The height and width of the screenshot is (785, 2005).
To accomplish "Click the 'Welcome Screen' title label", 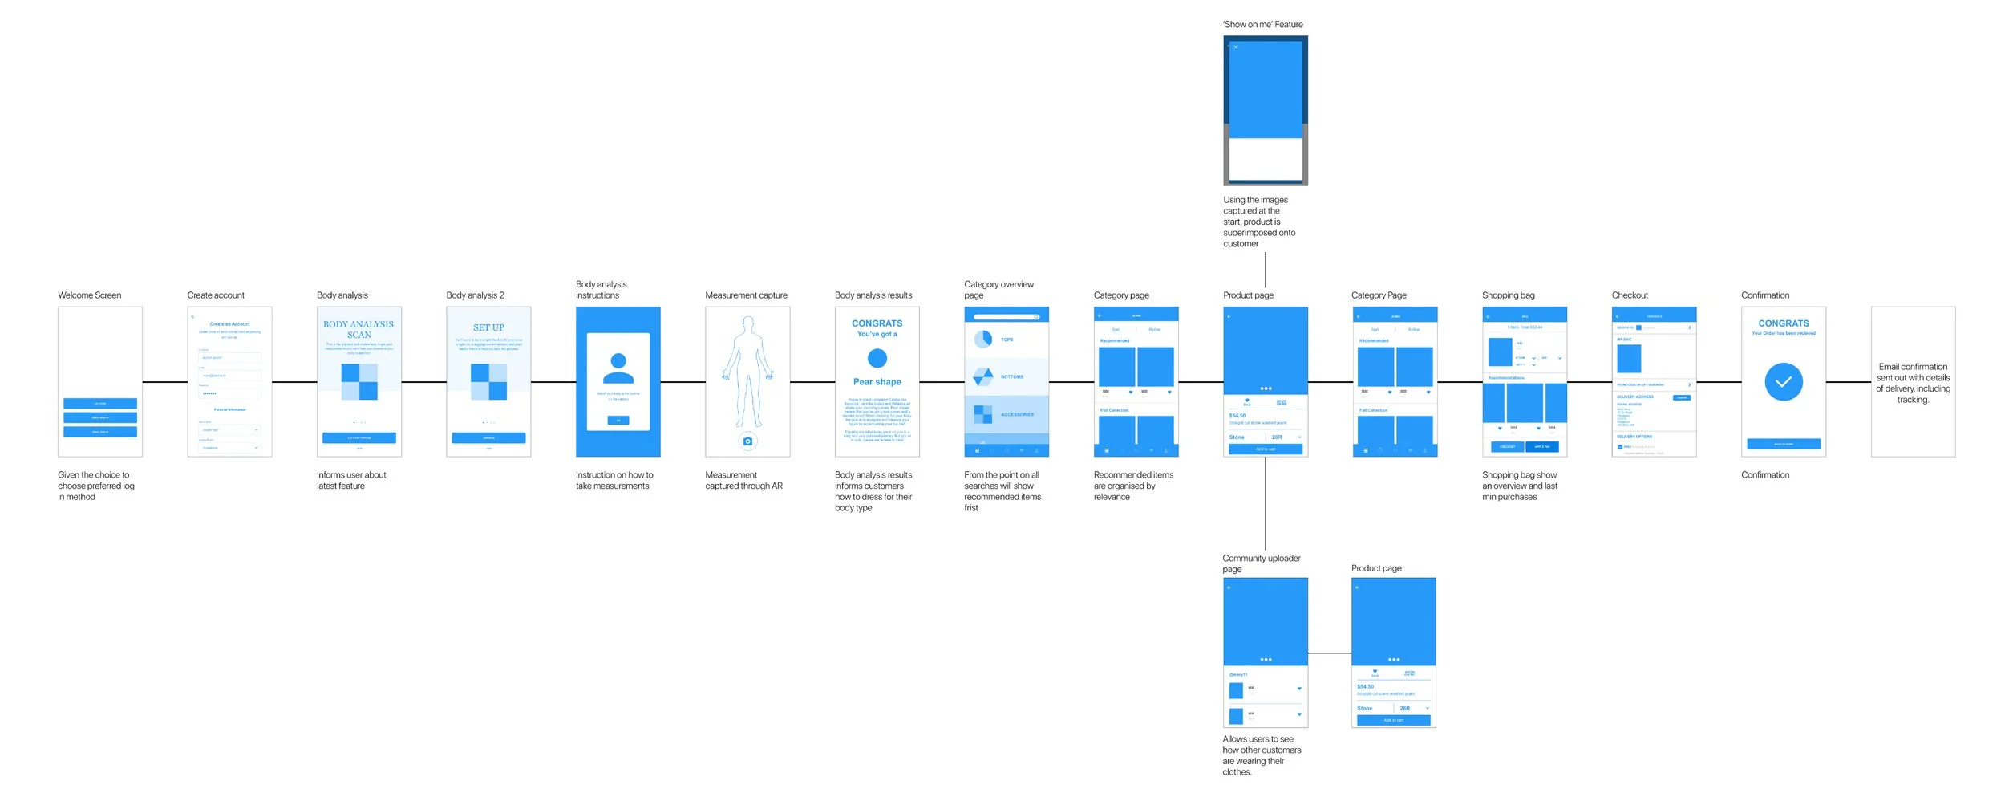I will (89, 295).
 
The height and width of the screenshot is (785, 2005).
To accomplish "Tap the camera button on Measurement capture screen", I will (747, 441).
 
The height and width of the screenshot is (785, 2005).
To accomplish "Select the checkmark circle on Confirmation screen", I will (1783, 382).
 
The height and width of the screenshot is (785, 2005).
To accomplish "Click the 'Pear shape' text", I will (877, 382).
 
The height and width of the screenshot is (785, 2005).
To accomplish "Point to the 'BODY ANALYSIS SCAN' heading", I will (358, 330).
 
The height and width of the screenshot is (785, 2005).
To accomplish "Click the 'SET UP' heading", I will (488, 327).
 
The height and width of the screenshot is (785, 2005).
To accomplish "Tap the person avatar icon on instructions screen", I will (618, 368).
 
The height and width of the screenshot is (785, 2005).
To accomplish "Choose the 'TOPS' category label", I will (1007, 340).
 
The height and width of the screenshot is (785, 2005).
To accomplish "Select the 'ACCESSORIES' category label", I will (1017, 414).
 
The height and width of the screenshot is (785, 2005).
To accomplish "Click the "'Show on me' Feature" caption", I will (1262, 25).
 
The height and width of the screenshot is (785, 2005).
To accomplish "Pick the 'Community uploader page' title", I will (1261, 563).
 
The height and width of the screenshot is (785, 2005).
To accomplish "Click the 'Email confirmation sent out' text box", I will (1913, 383).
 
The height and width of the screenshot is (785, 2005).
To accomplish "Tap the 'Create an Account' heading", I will (229, 324).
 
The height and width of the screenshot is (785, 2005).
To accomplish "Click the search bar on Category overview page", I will (1006, 317).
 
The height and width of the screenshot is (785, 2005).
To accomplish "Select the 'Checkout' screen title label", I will (1630, 295).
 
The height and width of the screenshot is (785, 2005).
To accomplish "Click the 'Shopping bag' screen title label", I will (1508, 295).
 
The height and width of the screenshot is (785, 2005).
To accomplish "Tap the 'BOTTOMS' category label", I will (1011, 376).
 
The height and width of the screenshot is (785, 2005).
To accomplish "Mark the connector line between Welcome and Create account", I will (164, 382).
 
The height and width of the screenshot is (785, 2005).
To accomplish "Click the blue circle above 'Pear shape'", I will (877, 358).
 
